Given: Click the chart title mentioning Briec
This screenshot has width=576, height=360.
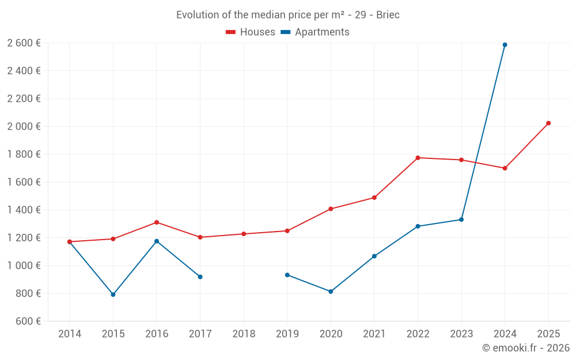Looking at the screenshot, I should (x=288, y=15).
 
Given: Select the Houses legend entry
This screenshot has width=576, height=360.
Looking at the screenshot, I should (x=251, y=32).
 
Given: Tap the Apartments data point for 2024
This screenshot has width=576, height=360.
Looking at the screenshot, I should (x=505, y=45).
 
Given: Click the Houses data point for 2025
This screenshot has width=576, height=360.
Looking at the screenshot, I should (x=548, y=123).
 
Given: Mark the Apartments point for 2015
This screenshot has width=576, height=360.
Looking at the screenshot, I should (x=113, y=294).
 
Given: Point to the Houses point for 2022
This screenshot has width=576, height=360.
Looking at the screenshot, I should (x=418, y=158).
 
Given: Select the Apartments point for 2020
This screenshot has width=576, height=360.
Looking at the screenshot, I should (x=331, y=291).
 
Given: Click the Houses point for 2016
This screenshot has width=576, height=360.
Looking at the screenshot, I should (x=157, y=222).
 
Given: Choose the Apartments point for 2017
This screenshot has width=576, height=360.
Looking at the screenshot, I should (x=200, y=277).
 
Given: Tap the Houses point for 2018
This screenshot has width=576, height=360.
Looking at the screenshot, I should (x=244, y=234).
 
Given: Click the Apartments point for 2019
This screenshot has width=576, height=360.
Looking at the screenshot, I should (x=287, y=275).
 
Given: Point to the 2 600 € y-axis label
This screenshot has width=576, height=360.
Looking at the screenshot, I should (x=24, y=43).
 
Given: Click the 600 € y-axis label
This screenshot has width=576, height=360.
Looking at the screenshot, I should (x=27, y=321).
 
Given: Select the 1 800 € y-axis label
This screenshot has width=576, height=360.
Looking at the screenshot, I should (x=24, y=154).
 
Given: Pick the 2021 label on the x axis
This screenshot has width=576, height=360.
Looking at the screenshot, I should (x=374, y=334).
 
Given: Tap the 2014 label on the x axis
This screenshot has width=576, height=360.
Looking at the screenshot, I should (x=70, y=334).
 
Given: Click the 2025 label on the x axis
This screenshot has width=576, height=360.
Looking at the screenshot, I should (x=548, y=334).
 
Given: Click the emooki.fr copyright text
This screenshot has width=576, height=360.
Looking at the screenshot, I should (x=526, y=348).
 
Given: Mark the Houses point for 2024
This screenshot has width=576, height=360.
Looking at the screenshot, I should (x=505, y=168).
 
